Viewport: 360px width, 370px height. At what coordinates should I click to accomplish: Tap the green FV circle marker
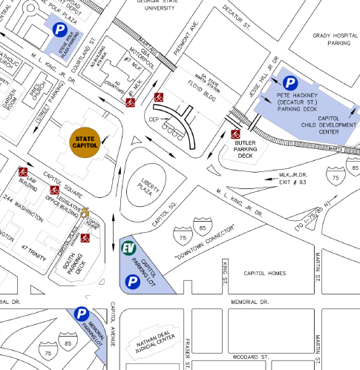pos(128,248)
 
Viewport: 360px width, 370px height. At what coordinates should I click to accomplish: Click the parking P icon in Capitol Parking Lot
pos(131,281)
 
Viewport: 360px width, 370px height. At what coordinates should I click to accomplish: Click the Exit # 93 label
pos(283,180)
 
